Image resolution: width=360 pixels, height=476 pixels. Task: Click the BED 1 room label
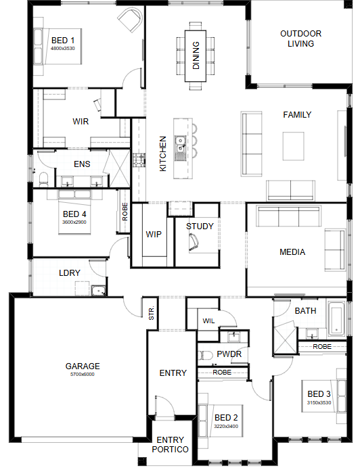point(63,41)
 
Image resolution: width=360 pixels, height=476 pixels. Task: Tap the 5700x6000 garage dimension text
point(83,375)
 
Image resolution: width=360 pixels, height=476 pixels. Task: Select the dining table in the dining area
point(196,56)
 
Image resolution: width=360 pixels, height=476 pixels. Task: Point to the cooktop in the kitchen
point(139,160)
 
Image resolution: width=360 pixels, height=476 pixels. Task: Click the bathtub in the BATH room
point(336,318)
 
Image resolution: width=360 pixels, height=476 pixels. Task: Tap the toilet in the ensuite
point(44,179)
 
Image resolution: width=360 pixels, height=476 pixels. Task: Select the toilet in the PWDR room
point(206,355)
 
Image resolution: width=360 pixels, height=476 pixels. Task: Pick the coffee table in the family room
point(293,146)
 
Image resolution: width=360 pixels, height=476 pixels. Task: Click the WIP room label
point(154,235)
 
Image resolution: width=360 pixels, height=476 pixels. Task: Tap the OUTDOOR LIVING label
point(300,39)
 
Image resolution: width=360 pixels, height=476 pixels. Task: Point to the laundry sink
point(99,291)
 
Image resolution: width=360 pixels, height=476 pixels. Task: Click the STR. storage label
point(152,313)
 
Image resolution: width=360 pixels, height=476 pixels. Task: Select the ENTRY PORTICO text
point(170,444)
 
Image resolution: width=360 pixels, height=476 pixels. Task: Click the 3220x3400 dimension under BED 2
point(226,426)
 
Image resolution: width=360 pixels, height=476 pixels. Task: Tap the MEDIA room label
point(292,252)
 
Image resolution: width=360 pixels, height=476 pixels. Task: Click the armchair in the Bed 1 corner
point(131,20)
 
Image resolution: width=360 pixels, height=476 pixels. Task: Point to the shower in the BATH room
point(285,339)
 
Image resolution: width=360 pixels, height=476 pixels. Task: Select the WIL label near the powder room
point(208,321)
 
